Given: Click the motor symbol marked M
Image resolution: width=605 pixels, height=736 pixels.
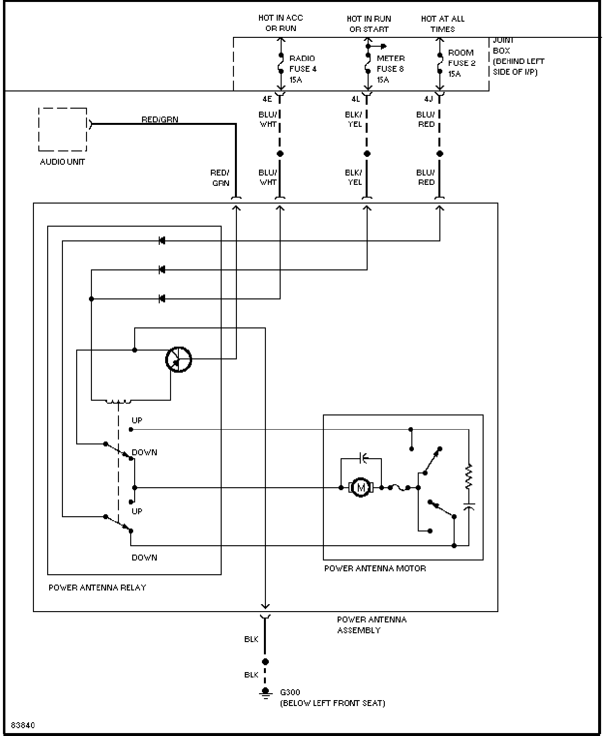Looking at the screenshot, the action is pyautogui.click(x=361, y=487).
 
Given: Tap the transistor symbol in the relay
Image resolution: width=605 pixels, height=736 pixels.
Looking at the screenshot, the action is pyautogui.click(x=178, y=359).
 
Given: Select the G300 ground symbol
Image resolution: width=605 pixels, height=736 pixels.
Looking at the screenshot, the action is pyautogui.click(x=265, y=692).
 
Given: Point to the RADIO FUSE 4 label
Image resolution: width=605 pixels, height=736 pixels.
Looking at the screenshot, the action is pyautogui.click(x=303, y=69).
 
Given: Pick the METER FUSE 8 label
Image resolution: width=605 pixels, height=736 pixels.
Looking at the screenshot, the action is pyautogui.click(x=390, y=69).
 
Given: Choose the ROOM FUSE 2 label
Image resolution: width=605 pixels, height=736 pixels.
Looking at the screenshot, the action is pyautogui.click(x=461, y=63).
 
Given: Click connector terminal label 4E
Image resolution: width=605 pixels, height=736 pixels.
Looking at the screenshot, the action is pyautogui.click(x=267, y=99).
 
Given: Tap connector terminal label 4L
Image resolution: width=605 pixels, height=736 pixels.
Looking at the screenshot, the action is pyautogui.click(x=355, y=99).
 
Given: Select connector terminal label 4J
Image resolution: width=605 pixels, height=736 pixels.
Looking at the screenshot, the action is pyautogui.click(x=429, y=99).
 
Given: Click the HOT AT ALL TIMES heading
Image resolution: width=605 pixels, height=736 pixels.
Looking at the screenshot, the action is pyautogui.click(x=442, y=24).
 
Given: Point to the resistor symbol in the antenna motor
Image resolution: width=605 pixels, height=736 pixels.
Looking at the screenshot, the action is pyautogui.click(x=468, y=477).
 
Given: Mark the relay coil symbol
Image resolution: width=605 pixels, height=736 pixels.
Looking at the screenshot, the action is pyautogui.click(x=118, y=401).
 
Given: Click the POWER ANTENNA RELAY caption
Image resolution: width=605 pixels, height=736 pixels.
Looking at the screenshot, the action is pyautogui.click(x=97, y=588).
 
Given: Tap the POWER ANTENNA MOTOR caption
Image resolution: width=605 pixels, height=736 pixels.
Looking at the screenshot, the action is pyautogui.click(x=375, y=568).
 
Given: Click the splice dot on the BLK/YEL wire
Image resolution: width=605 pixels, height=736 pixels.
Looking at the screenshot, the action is pyautogui.click(x=367, y=153).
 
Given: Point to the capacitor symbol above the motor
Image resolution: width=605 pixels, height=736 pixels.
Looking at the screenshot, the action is pyautogui.click(x=363, y=458).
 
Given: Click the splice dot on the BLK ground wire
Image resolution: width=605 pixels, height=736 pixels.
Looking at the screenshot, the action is pyautogui.click(x=265, y=662).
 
